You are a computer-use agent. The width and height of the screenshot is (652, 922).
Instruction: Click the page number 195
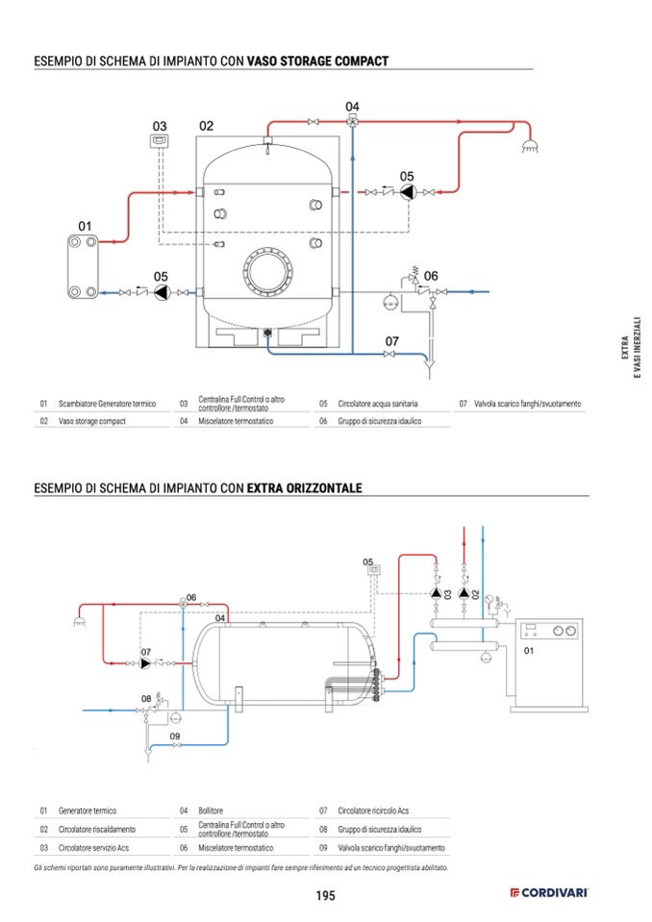click(325, 896)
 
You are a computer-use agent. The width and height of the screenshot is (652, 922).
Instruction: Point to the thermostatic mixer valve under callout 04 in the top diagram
click(353, 122)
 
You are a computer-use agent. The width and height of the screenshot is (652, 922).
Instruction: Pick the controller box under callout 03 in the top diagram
click(160, 142)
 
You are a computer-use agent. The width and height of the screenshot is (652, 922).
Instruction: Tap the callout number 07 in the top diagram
click(392, 341)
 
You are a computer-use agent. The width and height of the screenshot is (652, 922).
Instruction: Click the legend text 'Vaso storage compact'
click(92, 421)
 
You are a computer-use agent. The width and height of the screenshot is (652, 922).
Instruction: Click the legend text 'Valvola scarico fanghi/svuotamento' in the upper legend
click(527, 404)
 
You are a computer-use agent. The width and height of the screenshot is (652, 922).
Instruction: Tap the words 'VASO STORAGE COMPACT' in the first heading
click(317, 62)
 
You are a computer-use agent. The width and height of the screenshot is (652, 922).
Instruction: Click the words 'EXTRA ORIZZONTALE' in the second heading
click(304, 488)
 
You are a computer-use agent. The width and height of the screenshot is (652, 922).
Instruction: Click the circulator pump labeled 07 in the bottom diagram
click(146, 663)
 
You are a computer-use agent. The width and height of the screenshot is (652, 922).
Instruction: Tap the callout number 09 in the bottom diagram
click(175, 736)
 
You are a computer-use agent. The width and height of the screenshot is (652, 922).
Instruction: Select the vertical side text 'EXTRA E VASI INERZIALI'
click(629, 346)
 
